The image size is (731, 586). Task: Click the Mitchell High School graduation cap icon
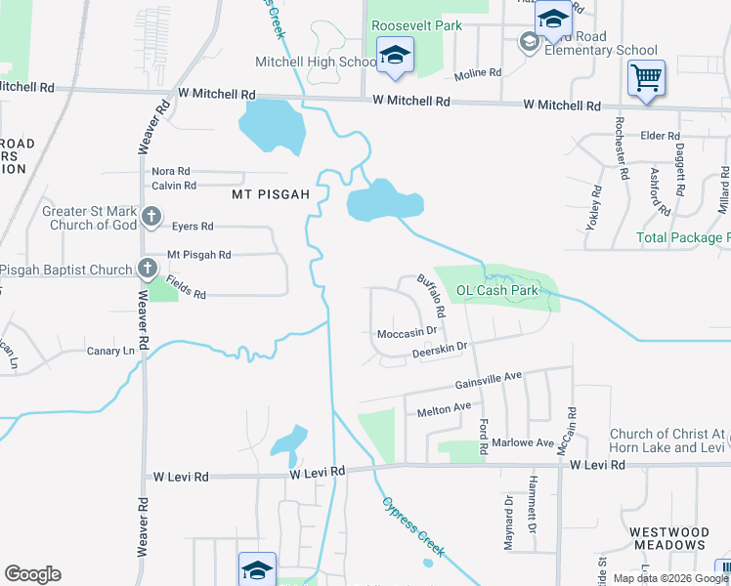click(395, 58)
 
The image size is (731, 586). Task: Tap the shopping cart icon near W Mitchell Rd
click(646, 77)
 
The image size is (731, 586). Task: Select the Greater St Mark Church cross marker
click(150, 217)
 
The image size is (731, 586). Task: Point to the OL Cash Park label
click(497, 290)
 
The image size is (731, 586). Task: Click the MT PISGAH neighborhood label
click(271, 194)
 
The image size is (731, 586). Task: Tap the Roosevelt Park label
click(416, 26)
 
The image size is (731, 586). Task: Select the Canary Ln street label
click(110, 352)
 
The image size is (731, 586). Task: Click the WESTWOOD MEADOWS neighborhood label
click(669, 538)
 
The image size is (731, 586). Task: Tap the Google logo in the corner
click(32, 574)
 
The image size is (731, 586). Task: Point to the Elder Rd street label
click(660, 136)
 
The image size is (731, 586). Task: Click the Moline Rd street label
click(478, 73)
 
